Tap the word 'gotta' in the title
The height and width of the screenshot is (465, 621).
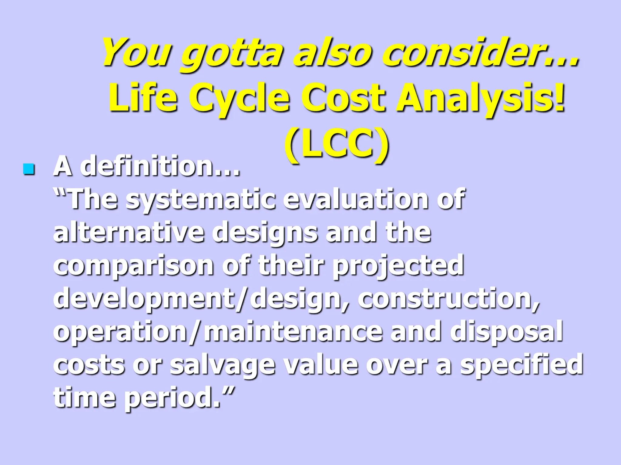(x=232, y=53)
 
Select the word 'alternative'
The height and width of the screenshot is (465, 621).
(x=129, y=232)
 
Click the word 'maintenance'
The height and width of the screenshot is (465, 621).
(x=293, y=331)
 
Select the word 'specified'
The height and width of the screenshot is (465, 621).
(x=522, y=365)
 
